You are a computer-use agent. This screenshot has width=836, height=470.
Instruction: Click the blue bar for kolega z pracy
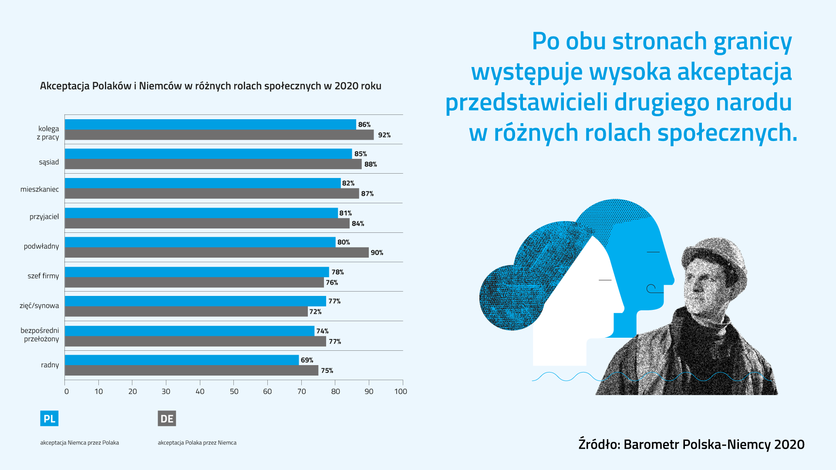coord(210,124)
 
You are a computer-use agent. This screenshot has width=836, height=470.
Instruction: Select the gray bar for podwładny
coord(217,252)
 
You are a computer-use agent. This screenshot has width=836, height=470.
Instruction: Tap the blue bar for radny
coord(182,360)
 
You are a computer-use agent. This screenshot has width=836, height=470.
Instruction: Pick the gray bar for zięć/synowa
coord(186,312)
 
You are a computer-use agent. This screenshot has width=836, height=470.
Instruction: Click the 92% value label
coord(384,135)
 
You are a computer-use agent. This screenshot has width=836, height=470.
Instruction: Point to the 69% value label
coord(307,360)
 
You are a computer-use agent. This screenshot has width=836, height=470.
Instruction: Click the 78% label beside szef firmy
coord(337,272)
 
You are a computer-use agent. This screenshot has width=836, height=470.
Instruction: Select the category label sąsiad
coord(49,162)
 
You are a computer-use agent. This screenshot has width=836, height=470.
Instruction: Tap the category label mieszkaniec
coord(40,189)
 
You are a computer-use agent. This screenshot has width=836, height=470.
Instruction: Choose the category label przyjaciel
coord(44,216)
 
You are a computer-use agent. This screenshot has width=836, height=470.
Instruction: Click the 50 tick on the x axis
coord(234,391)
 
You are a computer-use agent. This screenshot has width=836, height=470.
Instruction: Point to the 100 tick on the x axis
coord(401,391)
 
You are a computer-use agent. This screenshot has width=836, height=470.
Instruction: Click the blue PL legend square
coord(49,419)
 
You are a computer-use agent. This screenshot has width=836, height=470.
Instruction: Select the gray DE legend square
coord(167,419)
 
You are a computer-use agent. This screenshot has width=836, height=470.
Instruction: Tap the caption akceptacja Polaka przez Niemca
coord(197,443)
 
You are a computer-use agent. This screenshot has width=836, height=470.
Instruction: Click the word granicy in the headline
coord(752,42)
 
